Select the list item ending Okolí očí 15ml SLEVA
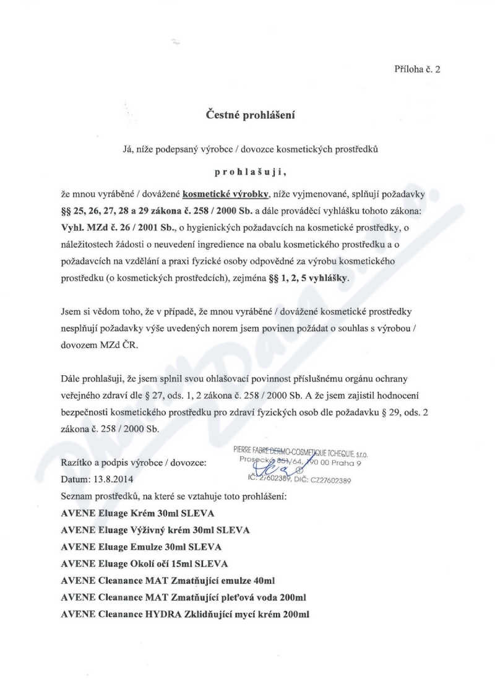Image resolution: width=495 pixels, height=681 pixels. point(144,563)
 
